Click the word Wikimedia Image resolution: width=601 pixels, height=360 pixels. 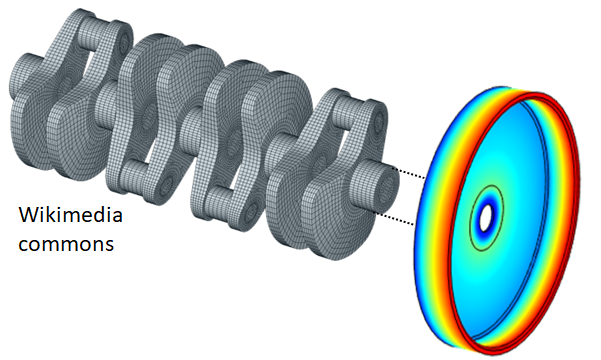(x=71, y=215)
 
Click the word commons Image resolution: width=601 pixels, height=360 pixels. (x=66, y=244)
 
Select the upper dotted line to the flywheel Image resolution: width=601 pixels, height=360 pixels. (x=411, y=174)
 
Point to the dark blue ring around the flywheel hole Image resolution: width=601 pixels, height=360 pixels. (x=486, y=218)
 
